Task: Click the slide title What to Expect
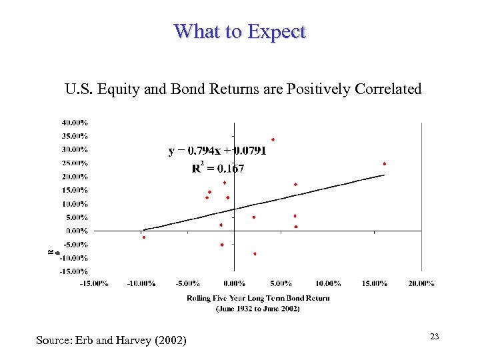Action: (x=239, y=31)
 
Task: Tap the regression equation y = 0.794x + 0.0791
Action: (x=217, y=151)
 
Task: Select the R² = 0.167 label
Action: (x=218, y=169)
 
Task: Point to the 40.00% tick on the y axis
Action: (x=75, y=123)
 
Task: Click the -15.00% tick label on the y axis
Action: (x=74, y=271)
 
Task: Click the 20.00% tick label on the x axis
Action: (x=421, y=283)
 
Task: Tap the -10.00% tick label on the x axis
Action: (x=141, y=283)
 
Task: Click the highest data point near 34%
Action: (x=273, y=139)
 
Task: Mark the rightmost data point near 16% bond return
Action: (x=385, y=163)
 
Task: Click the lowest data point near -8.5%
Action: (x=255, y=254)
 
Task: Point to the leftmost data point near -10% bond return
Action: (x=143, y=237)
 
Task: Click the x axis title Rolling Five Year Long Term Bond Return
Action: (x=258, y=298)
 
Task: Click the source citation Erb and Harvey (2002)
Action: (x=111, y=341)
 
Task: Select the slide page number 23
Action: (x=434, y=337)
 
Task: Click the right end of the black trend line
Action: (x=384, y=175)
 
